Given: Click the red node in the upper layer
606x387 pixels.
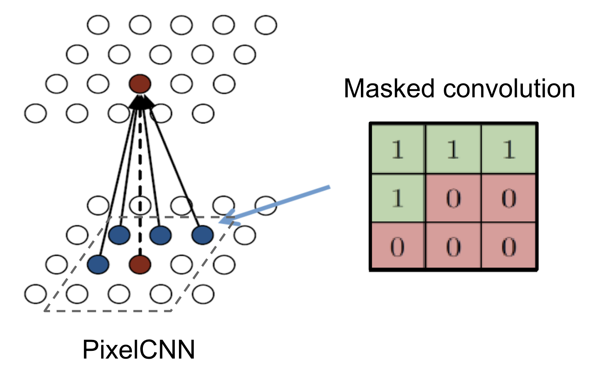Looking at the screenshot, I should point(140,84).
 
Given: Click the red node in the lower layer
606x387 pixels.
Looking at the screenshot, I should point(140,264).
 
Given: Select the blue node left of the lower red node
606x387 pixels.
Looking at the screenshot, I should point(98,264).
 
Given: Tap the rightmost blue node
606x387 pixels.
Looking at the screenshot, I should point(203,235).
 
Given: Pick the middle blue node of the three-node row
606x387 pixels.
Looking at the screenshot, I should point(161,235).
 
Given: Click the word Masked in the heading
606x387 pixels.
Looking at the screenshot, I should point(389,89).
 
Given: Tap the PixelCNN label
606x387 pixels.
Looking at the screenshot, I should point(138,349).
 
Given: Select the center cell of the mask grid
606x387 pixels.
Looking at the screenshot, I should point(453,198).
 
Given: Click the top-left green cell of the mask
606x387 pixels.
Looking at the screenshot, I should point(398,149).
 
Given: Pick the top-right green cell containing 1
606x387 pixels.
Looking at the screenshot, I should point(509,149).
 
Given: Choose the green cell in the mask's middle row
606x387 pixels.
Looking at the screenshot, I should point(398,198).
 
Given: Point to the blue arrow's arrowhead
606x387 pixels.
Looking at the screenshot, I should point(225,220).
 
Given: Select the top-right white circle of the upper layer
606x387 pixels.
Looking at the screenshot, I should point(266,25).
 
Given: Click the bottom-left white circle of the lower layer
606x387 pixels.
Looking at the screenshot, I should point(36,294).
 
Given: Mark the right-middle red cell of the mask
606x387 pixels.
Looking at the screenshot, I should point(509,198).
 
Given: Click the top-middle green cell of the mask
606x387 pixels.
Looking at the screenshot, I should point(453,149).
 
